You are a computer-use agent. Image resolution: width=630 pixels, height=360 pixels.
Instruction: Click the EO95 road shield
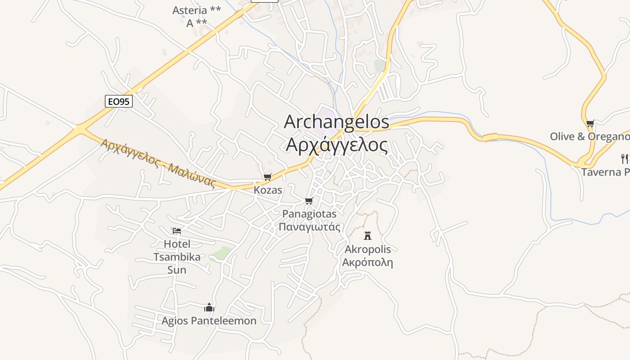119,101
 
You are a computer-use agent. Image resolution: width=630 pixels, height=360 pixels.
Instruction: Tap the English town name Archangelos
336,122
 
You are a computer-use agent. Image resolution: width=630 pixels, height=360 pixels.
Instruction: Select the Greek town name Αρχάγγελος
337,145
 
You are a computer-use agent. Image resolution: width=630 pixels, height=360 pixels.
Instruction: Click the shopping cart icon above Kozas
268,177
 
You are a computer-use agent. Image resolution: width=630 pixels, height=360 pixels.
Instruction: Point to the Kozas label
268,190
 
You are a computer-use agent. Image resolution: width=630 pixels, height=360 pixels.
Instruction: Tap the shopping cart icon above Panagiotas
309,201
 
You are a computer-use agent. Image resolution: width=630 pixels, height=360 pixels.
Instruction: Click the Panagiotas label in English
309,214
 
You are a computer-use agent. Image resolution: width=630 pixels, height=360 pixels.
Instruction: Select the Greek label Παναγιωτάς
309,227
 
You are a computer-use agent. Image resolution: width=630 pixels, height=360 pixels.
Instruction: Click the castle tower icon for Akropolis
368,235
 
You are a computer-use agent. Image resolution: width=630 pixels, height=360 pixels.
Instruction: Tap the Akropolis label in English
368,249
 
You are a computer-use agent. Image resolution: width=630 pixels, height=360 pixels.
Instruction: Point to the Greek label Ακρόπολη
368,262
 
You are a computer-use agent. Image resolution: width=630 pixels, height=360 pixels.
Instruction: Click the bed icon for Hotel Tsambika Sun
177,231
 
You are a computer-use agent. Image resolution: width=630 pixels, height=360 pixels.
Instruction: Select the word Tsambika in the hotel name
177,257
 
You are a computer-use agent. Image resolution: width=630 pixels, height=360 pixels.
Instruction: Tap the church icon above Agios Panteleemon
209,307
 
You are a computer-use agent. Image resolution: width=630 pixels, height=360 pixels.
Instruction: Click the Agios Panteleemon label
209,321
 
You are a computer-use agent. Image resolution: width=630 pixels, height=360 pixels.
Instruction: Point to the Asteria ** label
197,10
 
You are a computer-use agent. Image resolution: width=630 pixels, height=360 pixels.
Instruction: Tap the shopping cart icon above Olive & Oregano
590,123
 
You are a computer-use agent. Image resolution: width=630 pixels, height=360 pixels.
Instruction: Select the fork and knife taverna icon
625,158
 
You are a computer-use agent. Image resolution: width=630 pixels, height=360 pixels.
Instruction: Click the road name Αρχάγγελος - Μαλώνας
158,163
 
